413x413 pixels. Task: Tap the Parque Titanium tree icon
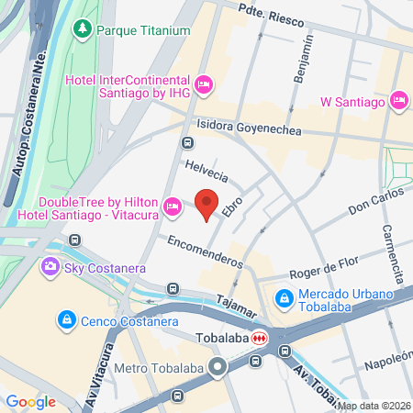83,29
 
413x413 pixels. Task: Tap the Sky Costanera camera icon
49,268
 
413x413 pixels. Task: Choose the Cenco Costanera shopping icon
65,319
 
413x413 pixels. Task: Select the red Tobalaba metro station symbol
261,337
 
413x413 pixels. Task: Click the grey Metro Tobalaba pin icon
218,368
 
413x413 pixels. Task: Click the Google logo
31,401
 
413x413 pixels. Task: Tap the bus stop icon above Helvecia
187,142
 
